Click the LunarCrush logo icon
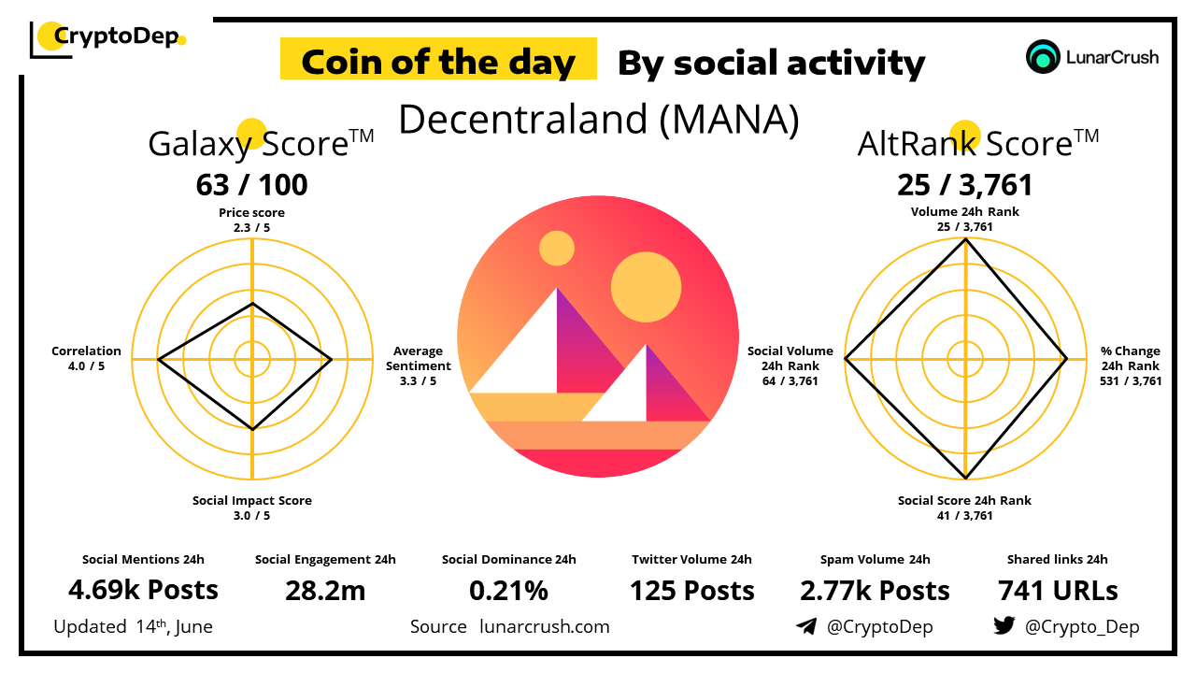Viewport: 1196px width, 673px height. point(1041,56)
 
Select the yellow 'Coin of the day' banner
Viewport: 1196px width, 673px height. point(438,62)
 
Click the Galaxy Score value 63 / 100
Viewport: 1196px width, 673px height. point(251,185)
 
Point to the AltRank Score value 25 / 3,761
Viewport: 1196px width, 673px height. point(965,185)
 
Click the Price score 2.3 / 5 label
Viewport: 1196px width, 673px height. point(251,220)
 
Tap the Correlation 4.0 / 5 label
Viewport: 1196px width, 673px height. point(86,358)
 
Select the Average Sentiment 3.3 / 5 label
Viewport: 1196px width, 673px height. point(418,365)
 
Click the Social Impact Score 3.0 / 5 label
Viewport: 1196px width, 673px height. point(251,508)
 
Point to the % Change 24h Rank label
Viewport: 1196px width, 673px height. point(1131,365)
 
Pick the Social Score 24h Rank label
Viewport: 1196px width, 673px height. point(964,508)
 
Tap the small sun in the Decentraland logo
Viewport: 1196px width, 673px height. point(557,249)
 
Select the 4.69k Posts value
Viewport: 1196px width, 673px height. point(143,590)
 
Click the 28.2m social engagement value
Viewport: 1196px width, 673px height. point(325,590)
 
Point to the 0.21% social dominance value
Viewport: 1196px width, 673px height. point(508,590)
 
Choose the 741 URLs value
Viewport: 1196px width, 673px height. point(1058,590)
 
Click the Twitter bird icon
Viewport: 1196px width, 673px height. point(1004,625)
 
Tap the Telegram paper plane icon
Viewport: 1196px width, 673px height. point(805,626)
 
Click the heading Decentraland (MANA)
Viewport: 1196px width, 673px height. point(598,119)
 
